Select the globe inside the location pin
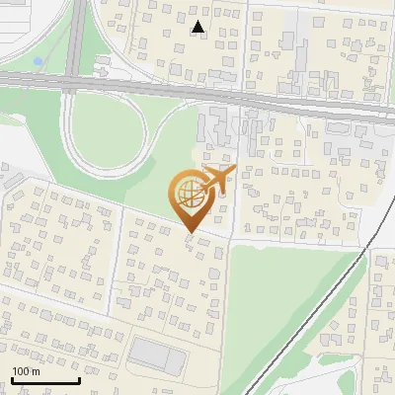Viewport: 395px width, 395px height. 190,194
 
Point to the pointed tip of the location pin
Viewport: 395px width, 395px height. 190,233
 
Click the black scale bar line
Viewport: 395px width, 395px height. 45,380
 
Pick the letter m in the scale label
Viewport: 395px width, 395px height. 36,371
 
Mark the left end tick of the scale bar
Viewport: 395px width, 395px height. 13,378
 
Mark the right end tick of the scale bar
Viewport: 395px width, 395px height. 78,378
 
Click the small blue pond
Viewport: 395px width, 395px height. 38,61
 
